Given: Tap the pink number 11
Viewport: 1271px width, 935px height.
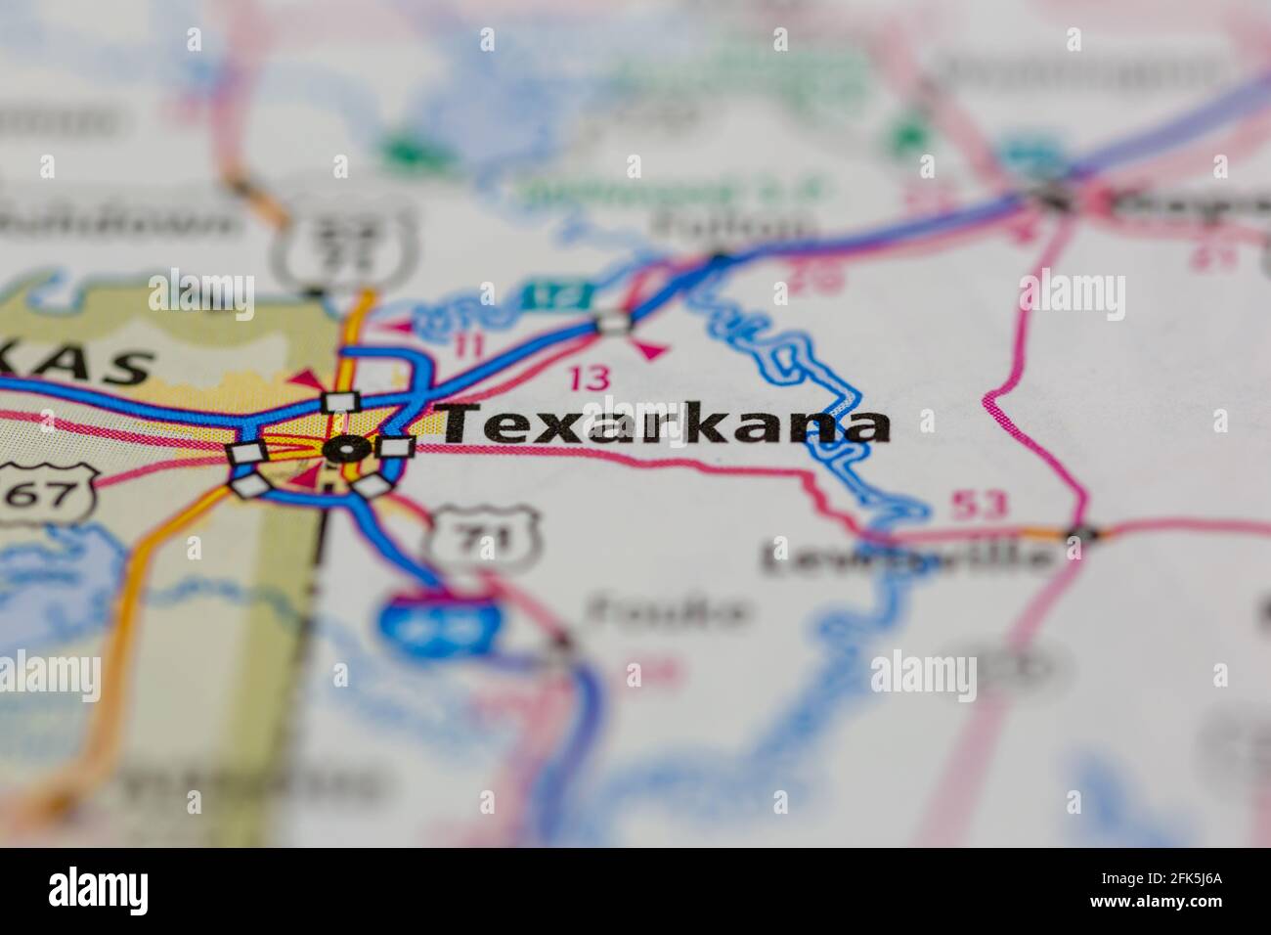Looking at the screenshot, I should pos(470,344).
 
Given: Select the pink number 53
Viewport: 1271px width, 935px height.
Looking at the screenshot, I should pos(979,506).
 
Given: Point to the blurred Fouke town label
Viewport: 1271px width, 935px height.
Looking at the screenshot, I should pos(670,612).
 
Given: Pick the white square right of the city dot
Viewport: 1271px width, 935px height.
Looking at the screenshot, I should pos(396,447).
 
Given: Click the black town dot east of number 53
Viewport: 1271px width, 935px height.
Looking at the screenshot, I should pos(1080,533).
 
